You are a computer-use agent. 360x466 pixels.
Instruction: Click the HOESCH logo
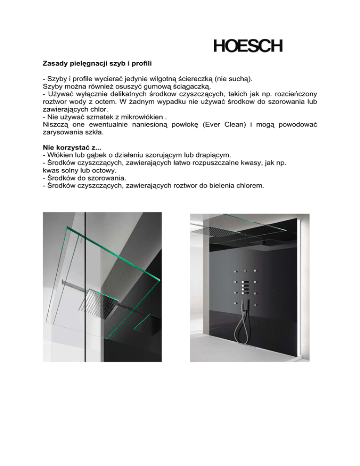click(248, 46)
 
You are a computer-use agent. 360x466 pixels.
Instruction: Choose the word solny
click(68, 171)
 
